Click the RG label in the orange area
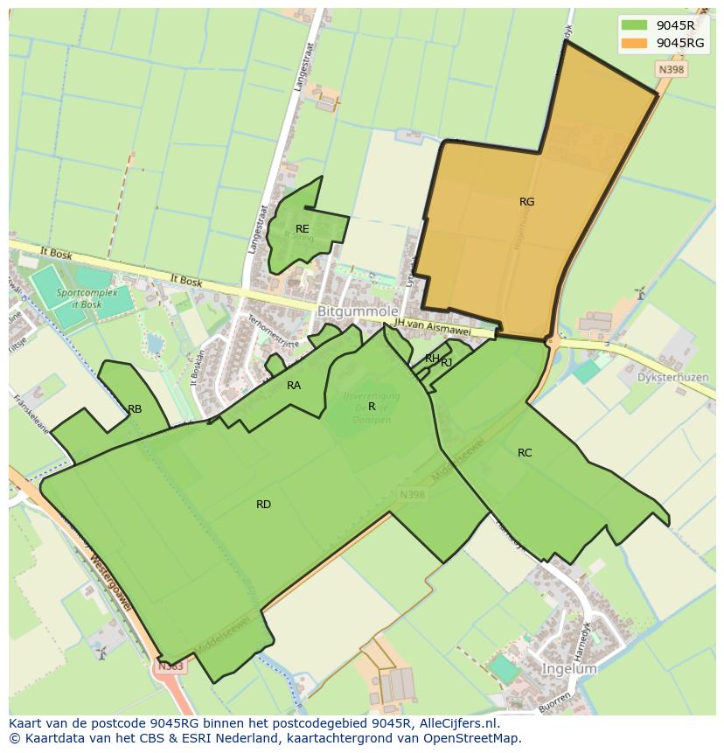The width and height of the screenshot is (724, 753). (x=526, y=202)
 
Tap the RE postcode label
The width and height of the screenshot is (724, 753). (x=302, y=229)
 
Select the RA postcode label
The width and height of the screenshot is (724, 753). (x=294, y=385)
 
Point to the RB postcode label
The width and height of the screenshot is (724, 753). (x=135, y=408)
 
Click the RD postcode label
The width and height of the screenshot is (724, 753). (x=263, y=505)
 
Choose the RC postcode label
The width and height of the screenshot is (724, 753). (x=525, y=453)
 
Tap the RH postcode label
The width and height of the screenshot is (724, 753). (x=432, y=359)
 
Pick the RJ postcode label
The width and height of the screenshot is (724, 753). (x=447, y=362)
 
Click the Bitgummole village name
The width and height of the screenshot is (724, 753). (x=359, y=311)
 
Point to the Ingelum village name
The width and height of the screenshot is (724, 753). (x=569, y=669)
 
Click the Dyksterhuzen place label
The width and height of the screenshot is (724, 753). (x=672, y=378)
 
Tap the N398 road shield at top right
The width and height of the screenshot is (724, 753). (x=671, y=69)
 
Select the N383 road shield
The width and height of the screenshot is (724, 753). (x=171, y=666)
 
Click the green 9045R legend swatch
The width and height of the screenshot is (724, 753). (x=635, y=25)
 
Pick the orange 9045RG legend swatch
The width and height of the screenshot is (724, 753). (x=635, y=43)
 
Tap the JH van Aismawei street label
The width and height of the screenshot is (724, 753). (x=444, y=326)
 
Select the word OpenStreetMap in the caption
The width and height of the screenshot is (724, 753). (x=473, y=738)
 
